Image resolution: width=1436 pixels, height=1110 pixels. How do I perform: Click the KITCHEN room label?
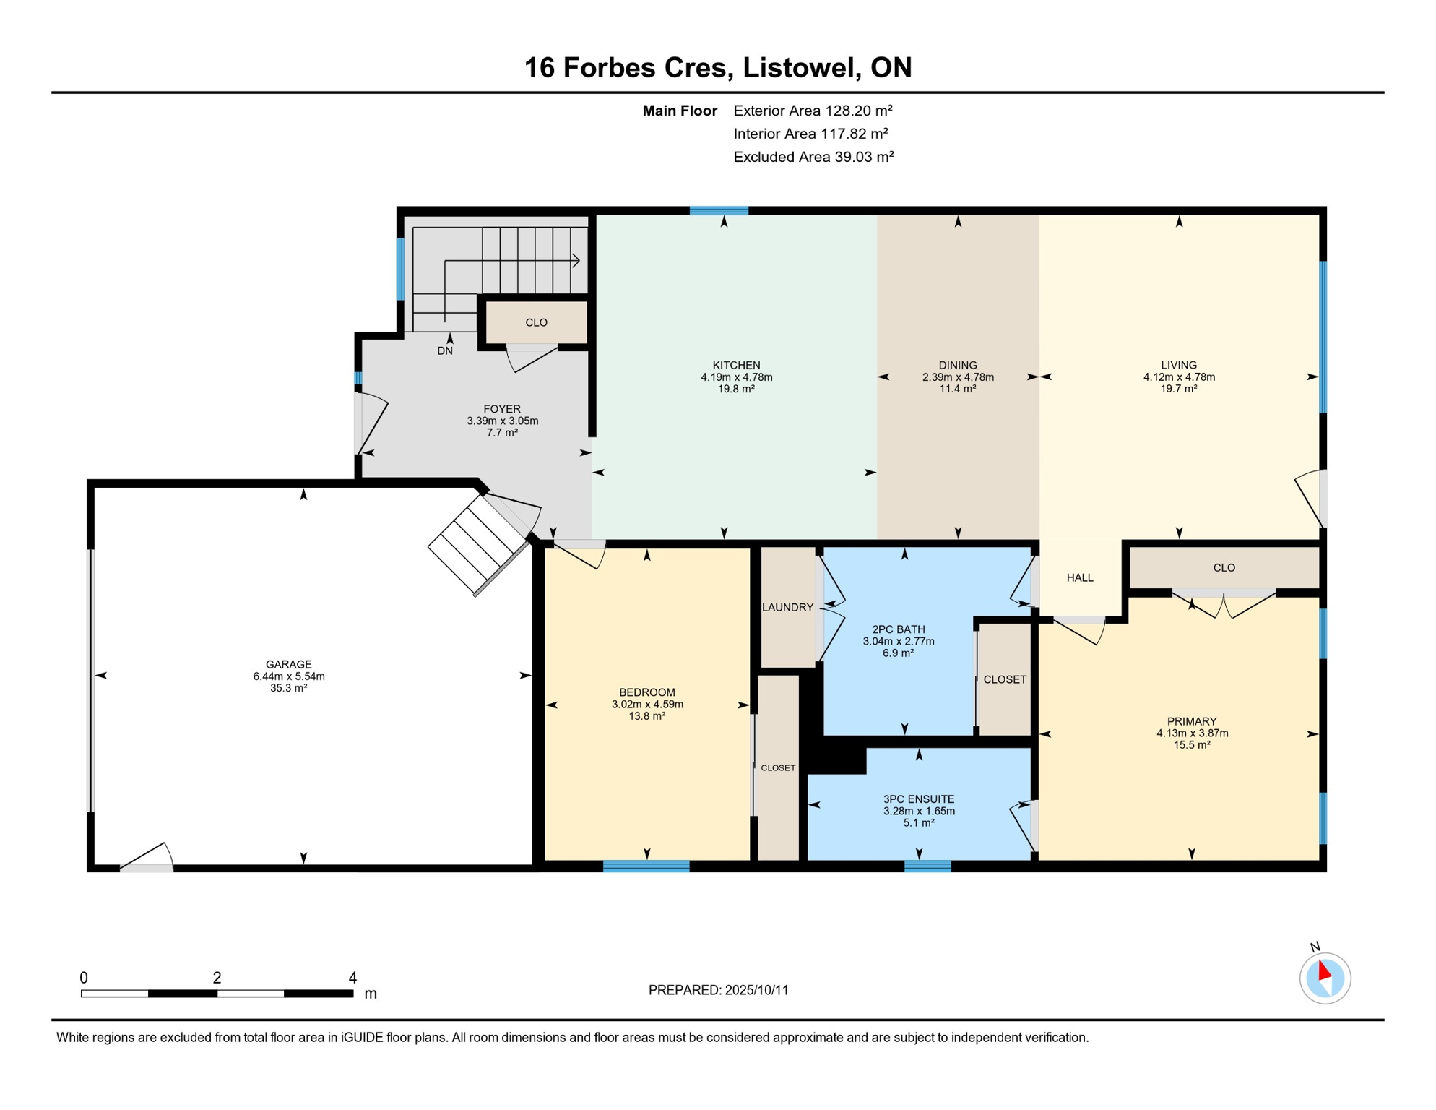tap(736, 365)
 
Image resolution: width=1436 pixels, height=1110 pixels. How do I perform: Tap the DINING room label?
tap(958, 365)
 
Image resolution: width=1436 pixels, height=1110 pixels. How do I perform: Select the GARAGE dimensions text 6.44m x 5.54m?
tap(289, 676)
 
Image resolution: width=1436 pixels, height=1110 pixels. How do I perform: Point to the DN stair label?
tap(445, 350)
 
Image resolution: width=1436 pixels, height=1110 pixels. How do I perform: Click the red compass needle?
tap(1324, 970)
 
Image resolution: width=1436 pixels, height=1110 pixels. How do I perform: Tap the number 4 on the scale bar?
tap(352, 978)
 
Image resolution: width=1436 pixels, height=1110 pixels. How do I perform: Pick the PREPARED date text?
tap(718, 990)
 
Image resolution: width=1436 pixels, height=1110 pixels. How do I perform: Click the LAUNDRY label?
tap(787, 607)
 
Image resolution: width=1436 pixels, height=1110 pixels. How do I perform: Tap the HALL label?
tap(1080, 577)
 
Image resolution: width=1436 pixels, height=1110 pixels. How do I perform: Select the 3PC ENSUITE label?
tap(919, 799)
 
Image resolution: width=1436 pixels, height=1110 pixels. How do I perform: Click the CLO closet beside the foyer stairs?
tap(536, 322)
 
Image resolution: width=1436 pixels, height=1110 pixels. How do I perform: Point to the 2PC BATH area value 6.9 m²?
tap(899, 653)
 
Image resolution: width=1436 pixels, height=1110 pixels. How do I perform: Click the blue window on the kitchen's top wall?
tap(719, 211)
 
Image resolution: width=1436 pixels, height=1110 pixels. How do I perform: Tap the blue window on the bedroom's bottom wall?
tap(646, 866)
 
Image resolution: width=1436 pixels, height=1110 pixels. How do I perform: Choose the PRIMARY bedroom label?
tap(1192, 721)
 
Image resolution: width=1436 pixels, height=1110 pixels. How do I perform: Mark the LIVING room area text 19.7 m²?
tap(1179, 388)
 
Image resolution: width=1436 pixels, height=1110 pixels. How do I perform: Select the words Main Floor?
tap(680, 111)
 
